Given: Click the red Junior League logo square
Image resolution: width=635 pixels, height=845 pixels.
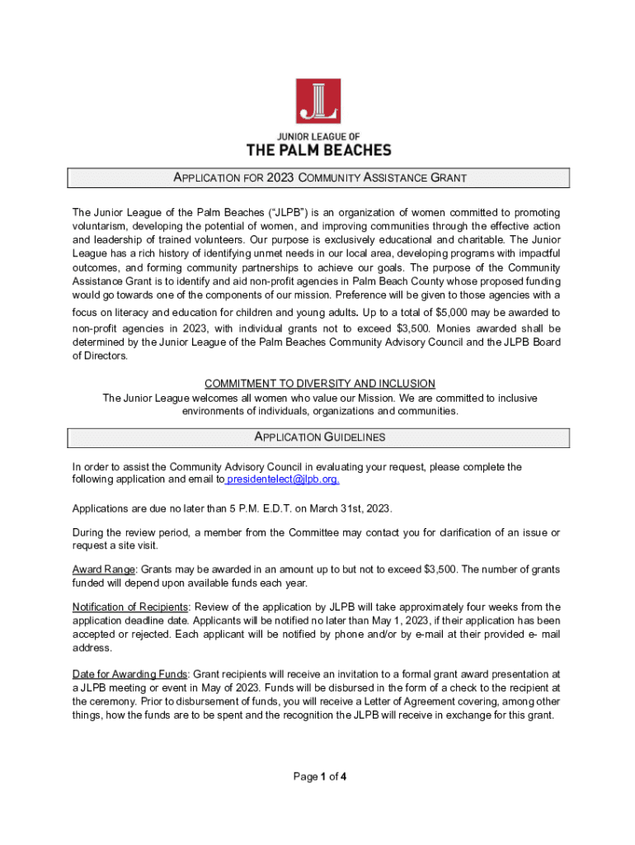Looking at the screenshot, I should tap(318, 101).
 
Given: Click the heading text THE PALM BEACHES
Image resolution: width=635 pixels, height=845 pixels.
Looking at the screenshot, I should tap(318, 149).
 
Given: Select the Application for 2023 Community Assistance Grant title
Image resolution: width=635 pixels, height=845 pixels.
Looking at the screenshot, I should tap(319, 178).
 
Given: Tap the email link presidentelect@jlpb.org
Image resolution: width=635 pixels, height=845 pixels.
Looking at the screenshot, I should tap(283, 479).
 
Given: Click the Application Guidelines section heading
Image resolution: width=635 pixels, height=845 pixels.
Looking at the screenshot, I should tap(319, 437).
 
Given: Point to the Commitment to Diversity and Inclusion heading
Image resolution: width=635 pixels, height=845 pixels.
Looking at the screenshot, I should tap(319, 384).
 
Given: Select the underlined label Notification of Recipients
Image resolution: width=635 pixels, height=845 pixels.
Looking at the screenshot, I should tap(130, 608).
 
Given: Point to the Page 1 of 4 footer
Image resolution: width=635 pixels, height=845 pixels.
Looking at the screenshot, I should tap(319, 777).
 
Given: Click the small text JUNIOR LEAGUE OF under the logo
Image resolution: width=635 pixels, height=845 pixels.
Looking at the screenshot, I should tap(318, 135).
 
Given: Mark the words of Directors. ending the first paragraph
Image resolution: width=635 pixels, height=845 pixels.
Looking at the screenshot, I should tap(100, 356).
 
